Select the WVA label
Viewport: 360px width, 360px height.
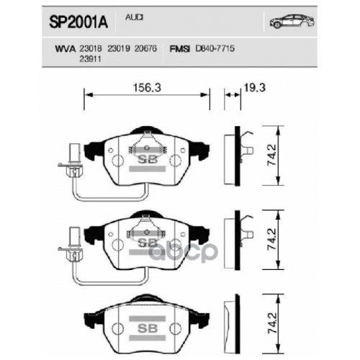(x=66, y=47)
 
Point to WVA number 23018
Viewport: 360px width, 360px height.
(x=91, y=47)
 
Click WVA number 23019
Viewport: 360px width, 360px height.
(x=119, y=47)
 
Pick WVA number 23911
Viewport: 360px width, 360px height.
(x=91, y=58)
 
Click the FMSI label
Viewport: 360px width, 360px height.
(x=179, y=47)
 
